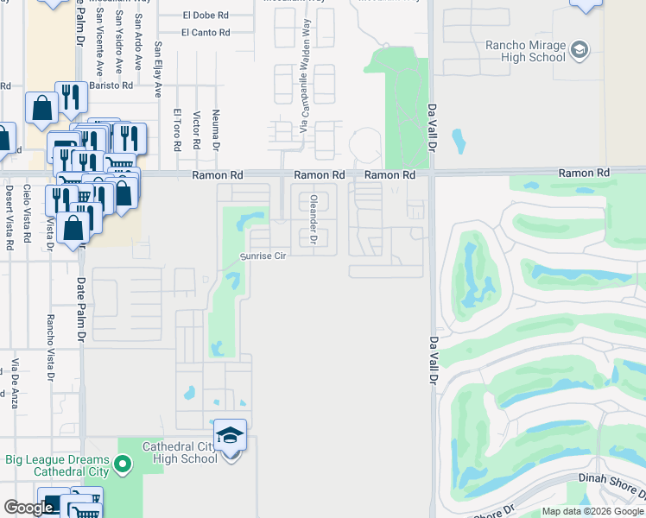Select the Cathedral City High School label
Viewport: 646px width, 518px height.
(179, 452)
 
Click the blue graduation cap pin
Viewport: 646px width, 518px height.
(231, 434)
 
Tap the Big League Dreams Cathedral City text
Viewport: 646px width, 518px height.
(57, 465)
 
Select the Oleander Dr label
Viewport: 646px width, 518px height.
(313, 219)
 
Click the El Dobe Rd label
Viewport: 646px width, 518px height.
(206, 16)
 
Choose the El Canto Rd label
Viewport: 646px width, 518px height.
(206, 33)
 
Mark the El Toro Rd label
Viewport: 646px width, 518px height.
(176, 130)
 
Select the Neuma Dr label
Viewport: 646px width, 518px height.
(216, 129)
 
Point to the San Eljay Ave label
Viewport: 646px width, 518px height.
(158, 69)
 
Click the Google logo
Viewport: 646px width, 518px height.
(28, 508)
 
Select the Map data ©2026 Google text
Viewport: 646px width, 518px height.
(592, 511)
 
